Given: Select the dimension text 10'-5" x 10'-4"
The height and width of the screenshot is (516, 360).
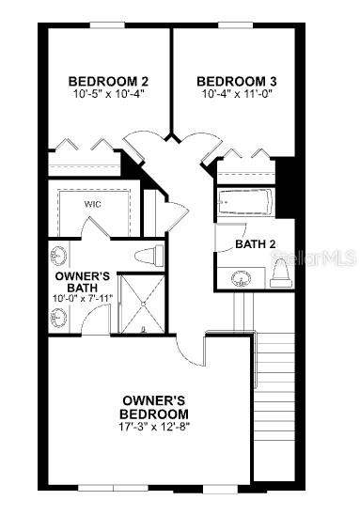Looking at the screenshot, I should [103, 93].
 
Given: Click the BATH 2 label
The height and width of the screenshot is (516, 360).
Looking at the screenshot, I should [255, 244].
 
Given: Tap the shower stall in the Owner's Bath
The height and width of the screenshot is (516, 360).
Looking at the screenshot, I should [142, 303].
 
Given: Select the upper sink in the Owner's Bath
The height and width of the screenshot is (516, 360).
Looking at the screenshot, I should [58, 256].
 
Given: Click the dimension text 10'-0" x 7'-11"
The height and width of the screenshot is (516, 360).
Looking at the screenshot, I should [83, 298].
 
